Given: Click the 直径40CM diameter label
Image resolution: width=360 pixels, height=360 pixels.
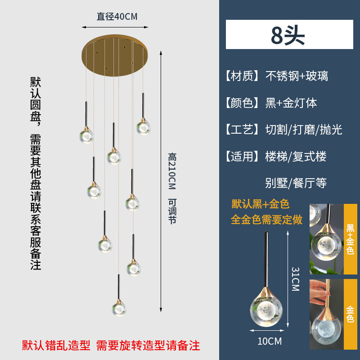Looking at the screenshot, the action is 117,17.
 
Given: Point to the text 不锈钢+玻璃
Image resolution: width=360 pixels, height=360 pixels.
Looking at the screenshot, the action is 297,76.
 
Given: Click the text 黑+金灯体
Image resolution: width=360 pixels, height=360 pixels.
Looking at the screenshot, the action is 291,103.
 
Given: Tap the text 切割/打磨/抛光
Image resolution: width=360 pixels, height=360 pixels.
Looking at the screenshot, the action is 304,130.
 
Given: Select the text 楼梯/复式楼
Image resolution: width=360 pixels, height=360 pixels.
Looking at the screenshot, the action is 296,157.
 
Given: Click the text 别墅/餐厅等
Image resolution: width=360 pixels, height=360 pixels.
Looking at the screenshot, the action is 296,183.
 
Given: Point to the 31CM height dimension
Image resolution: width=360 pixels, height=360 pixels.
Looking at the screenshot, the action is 295,279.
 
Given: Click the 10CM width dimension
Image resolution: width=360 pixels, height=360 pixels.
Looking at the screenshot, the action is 270,341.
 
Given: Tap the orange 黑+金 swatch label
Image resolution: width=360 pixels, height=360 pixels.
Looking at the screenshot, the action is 350,238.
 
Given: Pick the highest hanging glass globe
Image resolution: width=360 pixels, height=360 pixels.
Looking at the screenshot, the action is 144,127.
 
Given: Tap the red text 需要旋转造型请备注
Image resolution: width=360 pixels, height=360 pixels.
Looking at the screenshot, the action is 148,346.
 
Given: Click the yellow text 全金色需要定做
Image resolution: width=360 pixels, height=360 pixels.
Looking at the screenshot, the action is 266,220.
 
